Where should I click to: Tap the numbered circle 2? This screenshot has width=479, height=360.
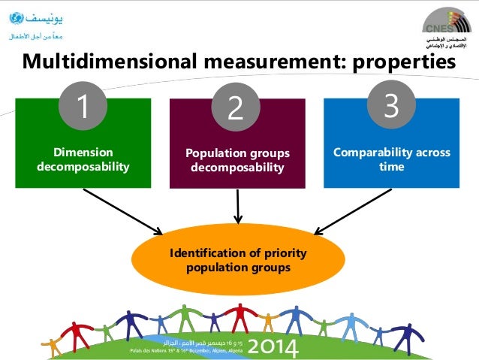coord(236,110)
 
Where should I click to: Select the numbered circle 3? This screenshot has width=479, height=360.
coord(390,106)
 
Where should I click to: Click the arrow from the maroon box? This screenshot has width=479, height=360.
coord(238,205)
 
